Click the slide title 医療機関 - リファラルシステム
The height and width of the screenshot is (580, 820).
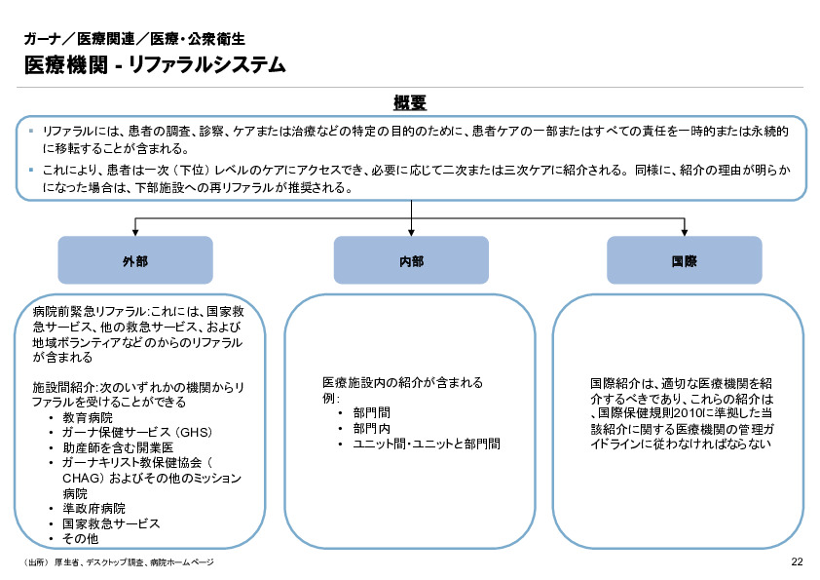(x=155, y=65)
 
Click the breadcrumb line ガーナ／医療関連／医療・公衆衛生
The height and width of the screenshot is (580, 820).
(x=134, y=39)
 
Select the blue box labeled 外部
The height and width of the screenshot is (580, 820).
(x=135, y=261)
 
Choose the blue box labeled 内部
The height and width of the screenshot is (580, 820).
(x=411, y=261)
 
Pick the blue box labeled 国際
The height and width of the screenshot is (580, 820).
(x=685, y=261)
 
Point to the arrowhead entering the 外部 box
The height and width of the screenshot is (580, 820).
(x=135, y=233)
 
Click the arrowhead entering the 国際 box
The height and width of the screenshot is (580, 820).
(x=685, y=233)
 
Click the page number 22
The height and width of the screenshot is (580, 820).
(x=796, y=562)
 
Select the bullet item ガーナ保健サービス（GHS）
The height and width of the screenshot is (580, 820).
(x=136, y=432)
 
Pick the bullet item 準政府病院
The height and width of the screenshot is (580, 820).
(x=93, y=509)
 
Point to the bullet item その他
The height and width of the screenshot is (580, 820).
(x=80, y=538)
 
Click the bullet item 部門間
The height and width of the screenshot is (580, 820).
(x=371, y=412)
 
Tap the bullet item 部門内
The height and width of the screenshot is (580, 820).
(x=371, y=428)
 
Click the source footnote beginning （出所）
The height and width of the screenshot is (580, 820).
(x=117, y=563)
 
